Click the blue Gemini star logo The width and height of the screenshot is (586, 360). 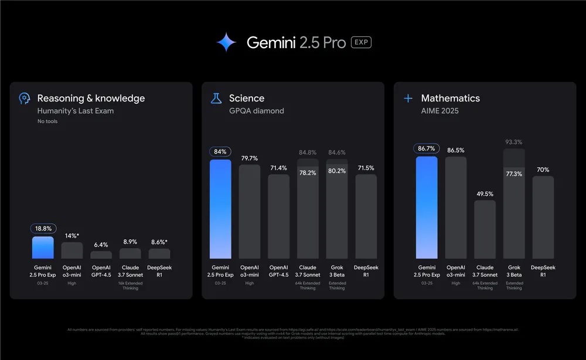(226, 42)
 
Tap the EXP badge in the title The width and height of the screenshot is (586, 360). (361, 42)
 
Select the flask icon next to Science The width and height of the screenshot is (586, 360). (216, 99)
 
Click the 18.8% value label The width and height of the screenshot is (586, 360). (43, 229)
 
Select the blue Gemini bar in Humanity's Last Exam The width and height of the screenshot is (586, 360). (43, 247)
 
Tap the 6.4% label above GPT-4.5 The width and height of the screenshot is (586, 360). (101, 244)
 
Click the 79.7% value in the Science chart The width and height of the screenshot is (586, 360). (250, 158)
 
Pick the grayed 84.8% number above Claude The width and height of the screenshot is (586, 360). (308, 153)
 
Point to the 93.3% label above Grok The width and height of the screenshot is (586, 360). (513, 142)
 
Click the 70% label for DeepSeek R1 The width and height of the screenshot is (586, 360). (543, 169)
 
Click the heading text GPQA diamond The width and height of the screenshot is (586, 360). (256, 111)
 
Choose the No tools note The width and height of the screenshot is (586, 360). (47, 121)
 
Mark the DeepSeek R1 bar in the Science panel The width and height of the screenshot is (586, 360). (366, 216)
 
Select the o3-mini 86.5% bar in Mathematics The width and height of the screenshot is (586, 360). (455, 208)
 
